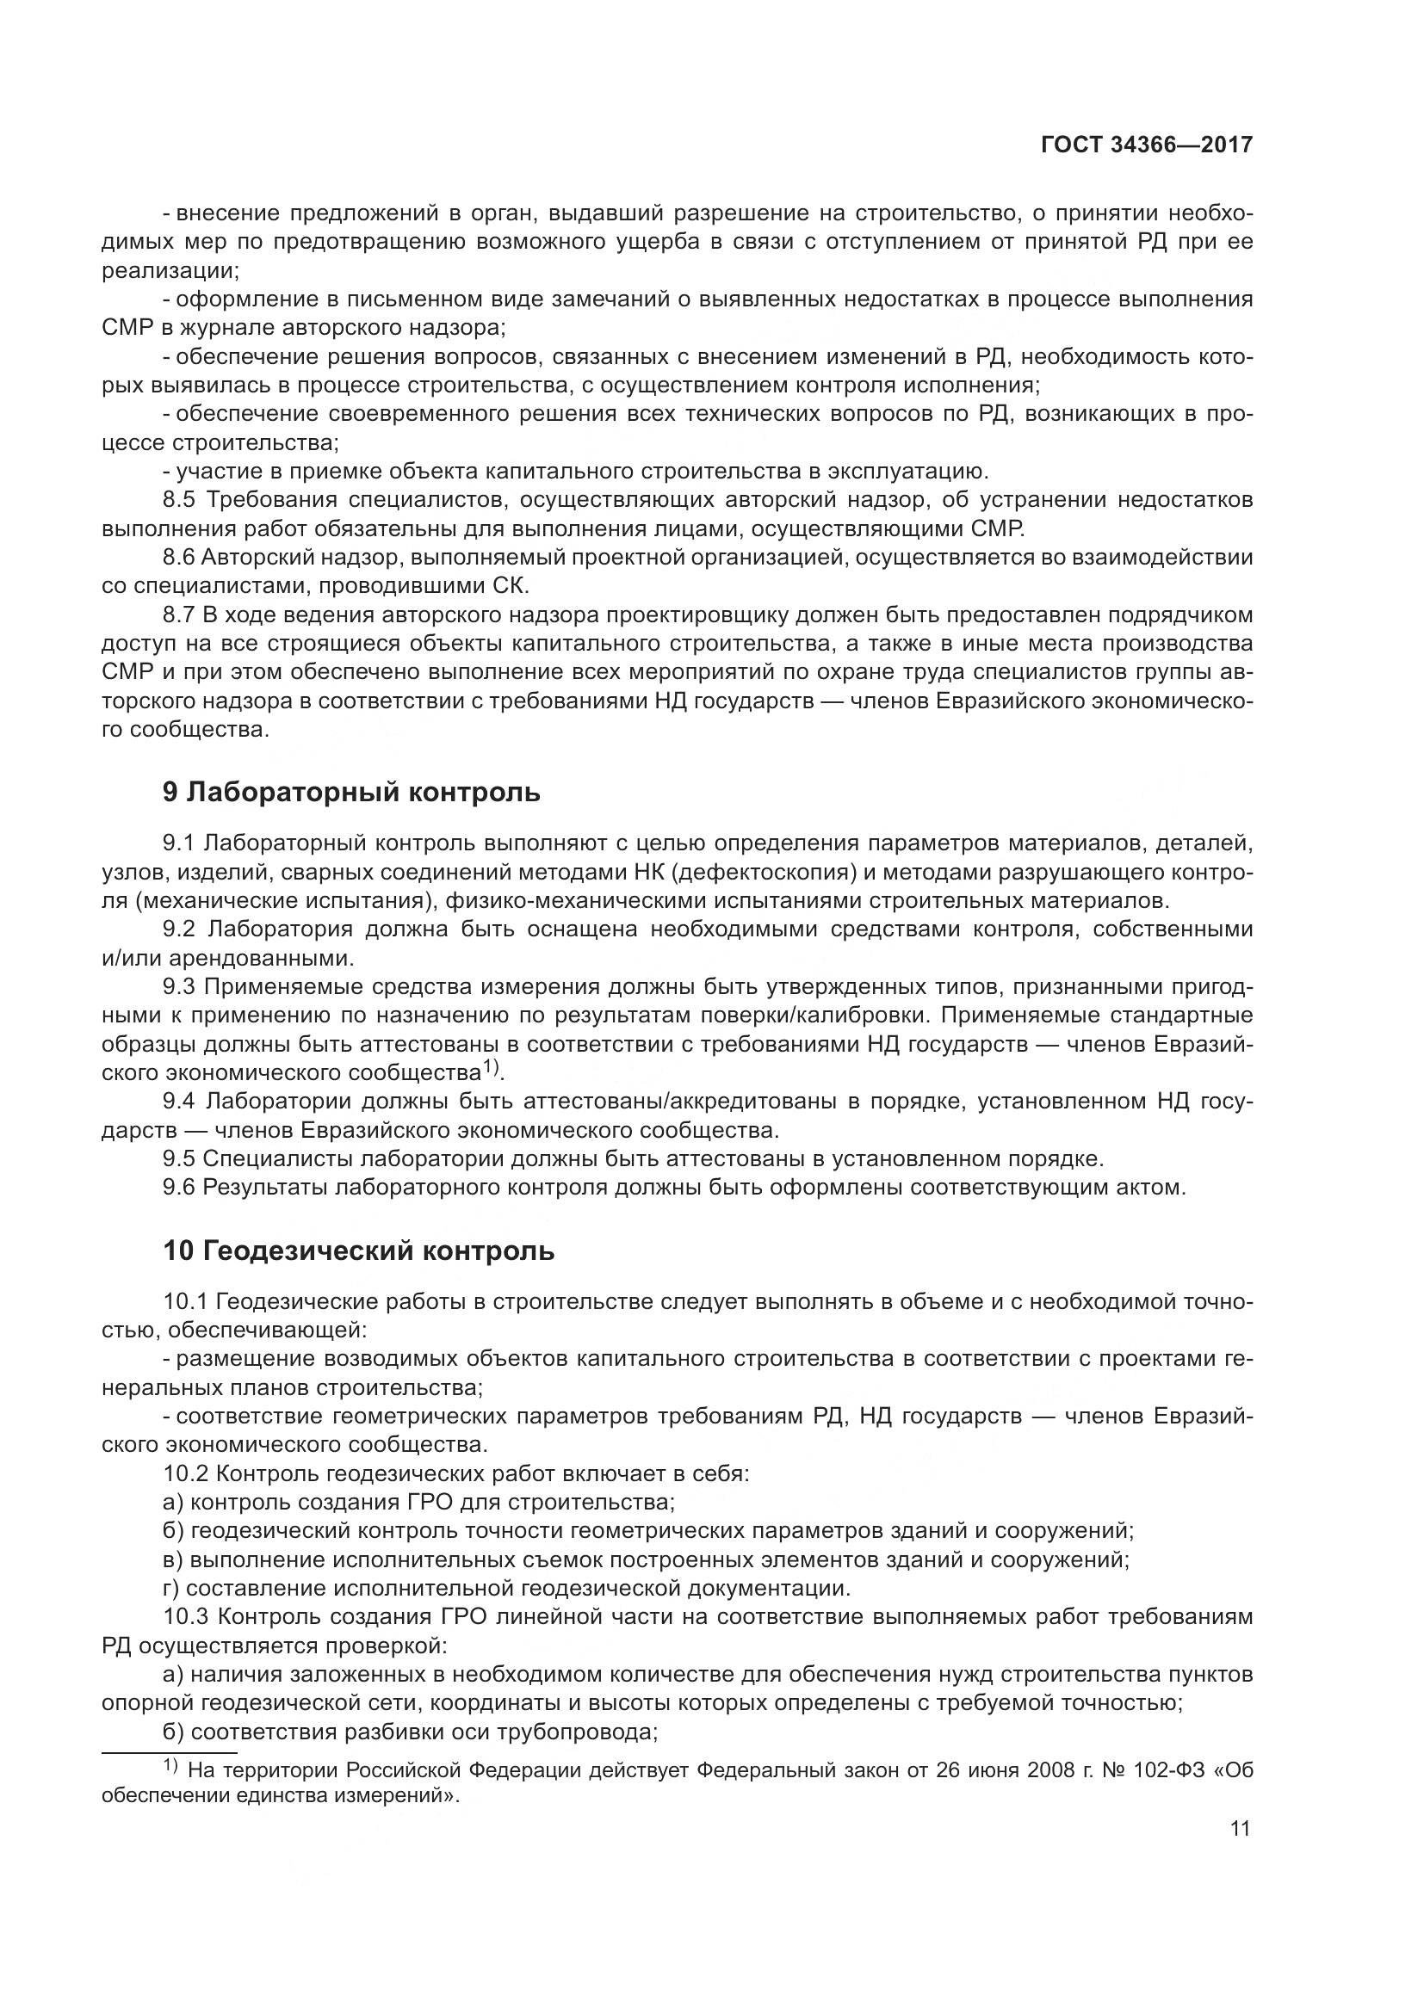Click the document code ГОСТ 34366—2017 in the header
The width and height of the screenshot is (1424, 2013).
point(1146,145)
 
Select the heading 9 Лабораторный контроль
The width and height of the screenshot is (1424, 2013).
point(350,792)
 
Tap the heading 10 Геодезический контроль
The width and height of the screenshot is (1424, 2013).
point(358,1251)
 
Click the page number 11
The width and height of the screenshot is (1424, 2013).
point(1240,1829)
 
